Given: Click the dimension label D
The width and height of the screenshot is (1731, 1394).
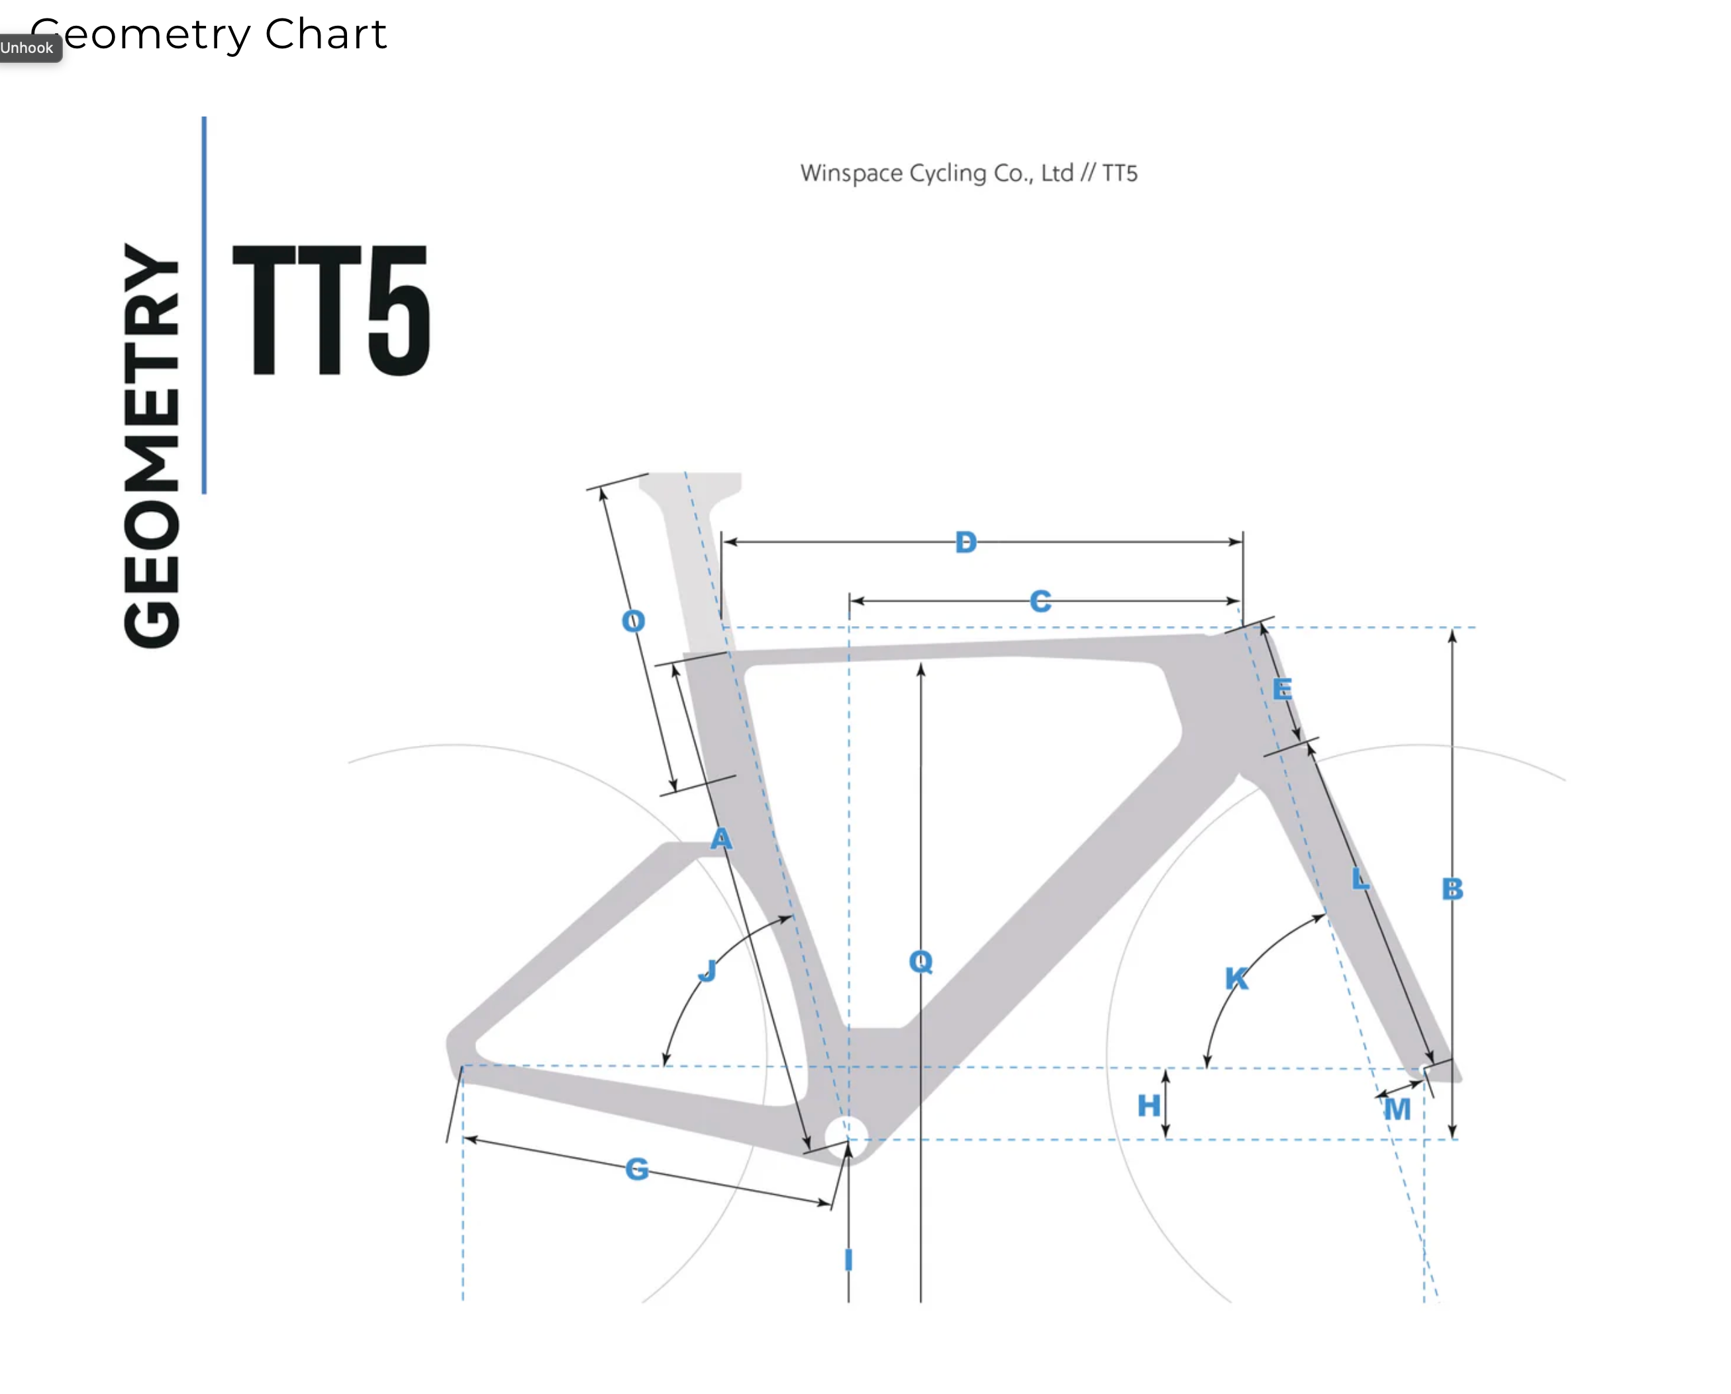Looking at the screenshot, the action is pos(965,542).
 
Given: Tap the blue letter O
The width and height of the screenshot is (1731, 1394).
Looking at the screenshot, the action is pos(633,621).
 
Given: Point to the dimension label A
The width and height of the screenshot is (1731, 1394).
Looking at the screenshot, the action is pos(721,839).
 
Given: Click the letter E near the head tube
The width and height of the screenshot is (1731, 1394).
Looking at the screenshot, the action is pos(1282,689).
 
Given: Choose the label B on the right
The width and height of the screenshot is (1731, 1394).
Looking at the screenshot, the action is pos(1452,889).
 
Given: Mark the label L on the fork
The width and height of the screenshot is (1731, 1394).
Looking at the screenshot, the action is pos(1360,878).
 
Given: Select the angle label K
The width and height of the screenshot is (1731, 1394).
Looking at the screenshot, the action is pos(1237,978).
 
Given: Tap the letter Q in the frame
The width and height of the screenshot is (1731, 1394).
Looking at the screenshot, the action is pos(920,961).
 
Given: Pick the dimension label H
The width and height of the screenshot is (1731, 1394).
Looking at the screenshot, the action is pos(1149,1105).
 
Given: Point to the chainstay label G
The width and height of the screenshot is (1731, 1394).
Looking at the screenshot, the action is pos(637,1168).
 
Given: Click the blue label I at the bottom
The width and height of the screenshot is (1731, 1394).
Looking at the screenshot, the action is pos(848,1260).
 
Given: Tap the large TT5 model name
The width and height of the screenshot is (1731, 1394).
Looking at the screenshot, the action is pos(332,310).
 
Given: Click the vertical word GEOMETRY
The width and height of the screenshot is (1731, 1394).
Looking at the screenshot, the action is pos(151,445).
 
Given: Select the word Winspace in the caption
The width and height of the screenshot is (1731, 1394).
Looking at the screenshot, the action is pos(852,173).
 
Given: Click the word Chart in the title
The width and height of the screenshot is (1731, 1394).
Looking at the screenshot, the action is pos(325,34).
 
